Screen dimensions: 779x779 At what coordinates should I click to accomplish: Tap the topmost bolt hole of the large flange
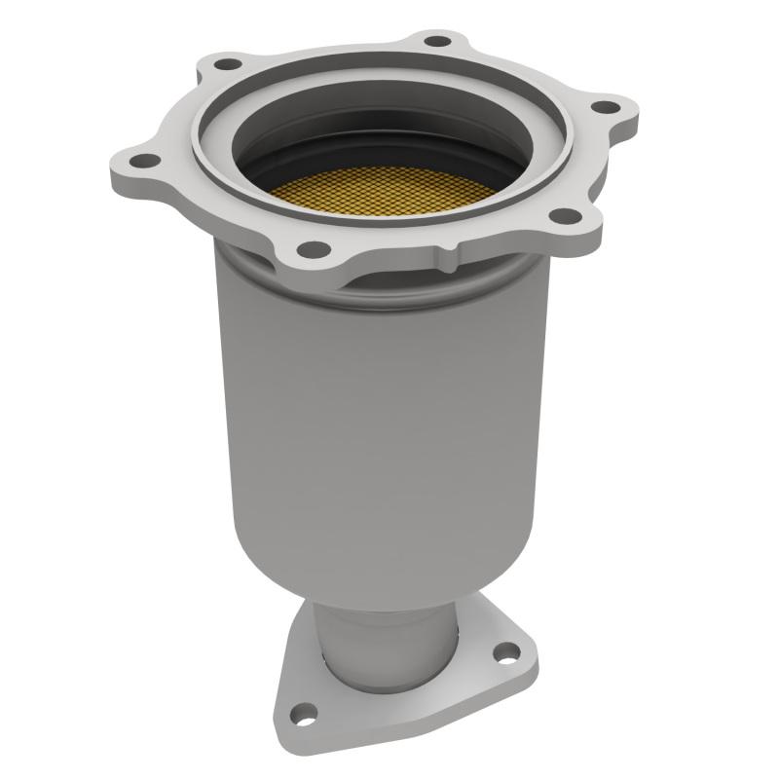point(438,41)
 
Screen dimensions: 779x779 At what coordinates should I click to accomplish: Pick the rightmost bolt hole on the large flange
point(605,106)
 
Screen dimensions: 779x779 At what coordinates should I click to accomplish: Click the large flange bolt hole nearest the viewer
point(313,248)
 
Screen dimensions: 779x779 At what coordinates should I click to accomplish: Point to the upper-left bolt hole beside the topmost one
point(227,64)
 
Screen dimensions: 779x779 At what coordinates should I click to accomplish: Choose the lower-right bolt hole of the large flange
point(562,216)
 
